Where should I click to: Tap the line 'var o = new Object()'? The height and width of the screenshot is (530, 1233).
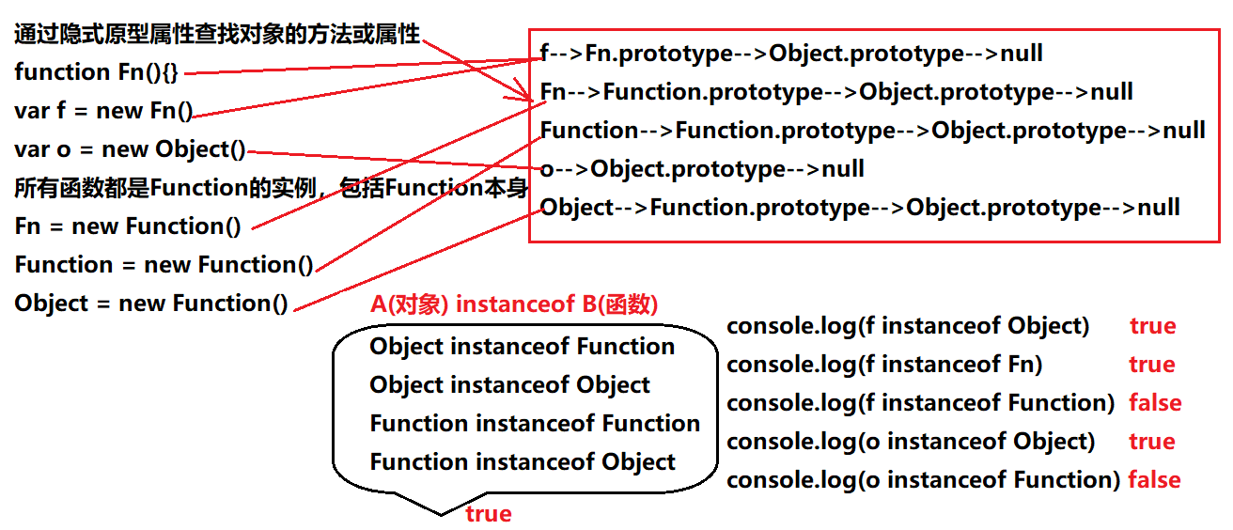(130, 149)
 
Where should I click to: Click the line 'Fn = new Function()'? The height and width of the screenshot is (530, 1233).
(128, 226)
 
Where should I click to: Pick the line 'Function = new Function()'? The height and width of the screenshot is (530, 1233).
(164, 265)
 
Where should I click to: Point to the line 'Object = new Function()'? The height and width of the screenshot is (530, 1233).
(151, 304)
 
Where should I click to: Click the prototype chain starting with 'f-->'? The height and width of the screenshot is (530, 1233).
(791, 54)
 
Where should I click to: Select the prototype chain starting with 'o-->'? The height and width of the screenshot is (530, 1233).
(702, 169)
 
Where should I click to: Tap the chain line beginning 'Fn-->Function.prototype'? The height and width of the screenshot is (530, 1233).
(836, 92)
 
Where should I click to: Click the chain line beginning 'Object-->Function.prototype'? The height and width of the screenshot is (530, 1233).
(860, 208)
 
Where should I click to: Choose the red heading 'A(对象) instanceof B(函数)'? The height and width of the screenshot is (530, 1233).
(514, 304)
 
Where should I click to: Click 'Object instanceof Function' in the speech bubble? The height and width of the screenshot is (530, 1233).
(522, 347)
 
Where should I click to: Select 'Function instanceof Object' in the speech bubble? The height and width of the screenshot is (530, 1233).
(522, 462)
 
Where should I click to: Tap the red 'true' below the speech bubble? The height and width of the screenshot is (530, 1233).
(488, 514)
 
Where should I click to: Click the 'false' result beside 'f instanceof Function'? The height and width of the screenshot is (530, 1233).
(1154, 403)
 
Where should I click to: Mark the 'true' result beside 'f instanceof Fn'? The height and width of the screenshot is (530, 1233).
(1152, 365)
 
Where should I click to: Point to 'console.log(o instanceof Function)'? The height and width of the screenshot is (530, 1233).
(923, 480)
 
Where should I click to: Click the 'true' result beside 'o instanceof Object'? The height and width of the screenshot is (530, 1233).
(1152, 442)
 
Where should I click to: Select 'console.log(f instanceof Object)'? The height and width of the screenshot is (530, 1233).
(908, 326)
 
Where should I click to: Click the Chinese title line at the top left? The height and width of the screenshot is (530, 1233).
(217, 36)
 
